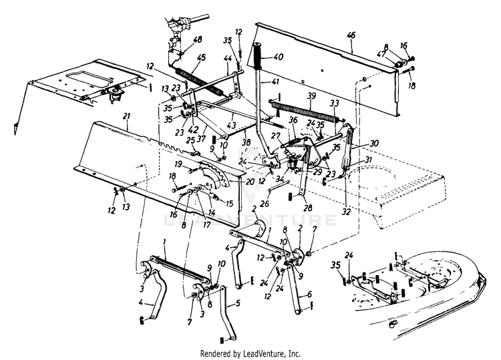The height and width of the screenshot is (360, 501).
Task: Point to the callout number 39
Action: click(x=310, y=96)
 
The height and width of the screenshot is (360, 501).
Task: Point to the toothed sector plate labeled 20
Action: click(x=214, y=175)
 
